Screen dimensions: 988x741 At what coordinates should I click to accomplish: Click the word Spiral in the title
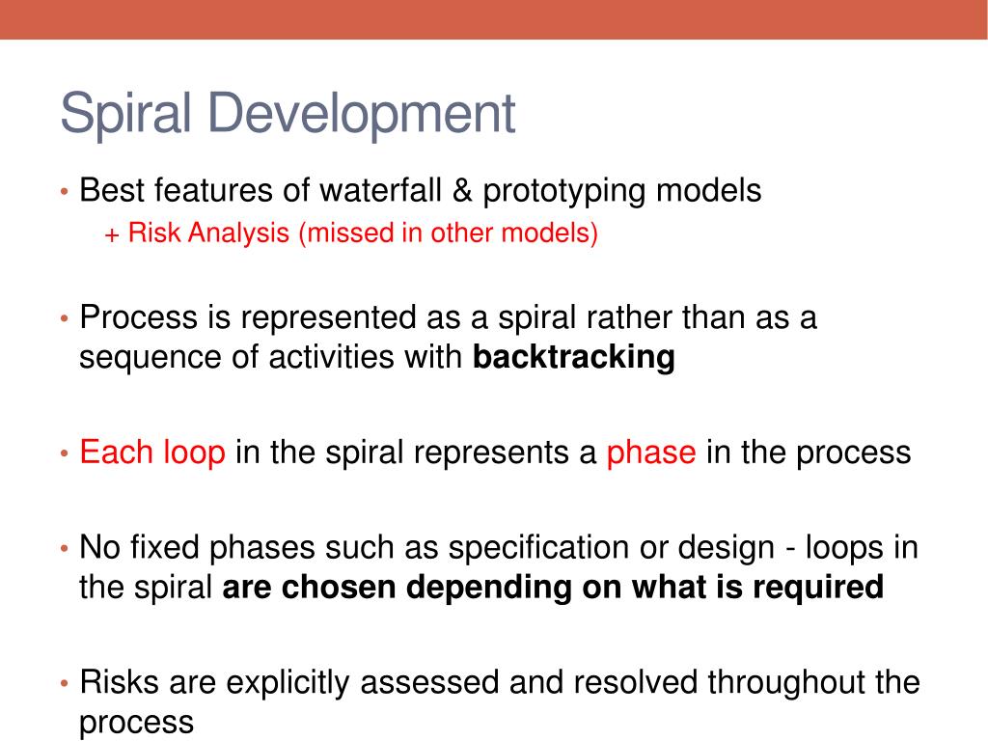coord(125,114)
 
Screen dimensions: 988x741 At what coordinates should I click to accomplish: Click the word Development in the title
coord(362,114)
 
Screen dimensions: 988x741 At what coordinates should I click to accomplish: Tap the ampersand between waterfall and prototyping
coord(462,190)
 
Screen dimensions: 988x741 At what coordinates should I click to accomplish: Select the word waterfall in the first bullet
coord(380,190)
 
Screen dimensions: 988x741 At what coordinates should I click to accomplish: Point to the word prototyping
coord(564,192)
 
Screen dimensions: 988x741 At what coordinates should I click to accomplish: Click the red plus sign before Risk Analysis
coord(112,235)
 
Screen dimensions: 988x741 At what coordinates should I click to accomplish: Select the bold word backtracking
coord(574,357)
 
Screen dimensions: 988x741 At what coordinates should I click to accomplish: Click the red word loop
coord(194,453)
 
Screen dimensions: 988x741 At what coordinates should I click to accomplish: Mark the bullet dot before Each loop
coord(65,453)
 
